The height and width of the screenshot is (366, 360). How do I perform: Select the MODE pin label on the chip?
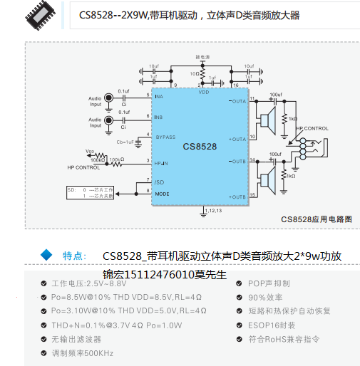click(163, 193)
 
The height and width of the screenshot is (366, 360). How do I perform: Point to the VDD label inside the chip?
click(203, 93)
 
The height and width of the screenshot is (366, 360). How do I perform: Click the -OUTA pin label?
click(237, 101)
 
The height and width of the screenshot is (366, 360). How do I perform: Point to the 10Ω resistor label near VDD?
click(194, 73)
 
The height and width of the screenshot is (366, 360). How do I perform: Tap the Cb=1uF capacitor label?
click(125, 142)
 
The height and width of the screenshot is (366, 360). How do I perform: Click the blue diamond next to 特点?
click(47, 254)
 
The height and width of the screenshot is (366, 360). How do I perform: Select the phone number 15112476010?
click(165, 273)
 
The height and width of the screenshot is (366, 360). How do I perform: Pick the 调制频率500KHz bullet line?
click(83, 352)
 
